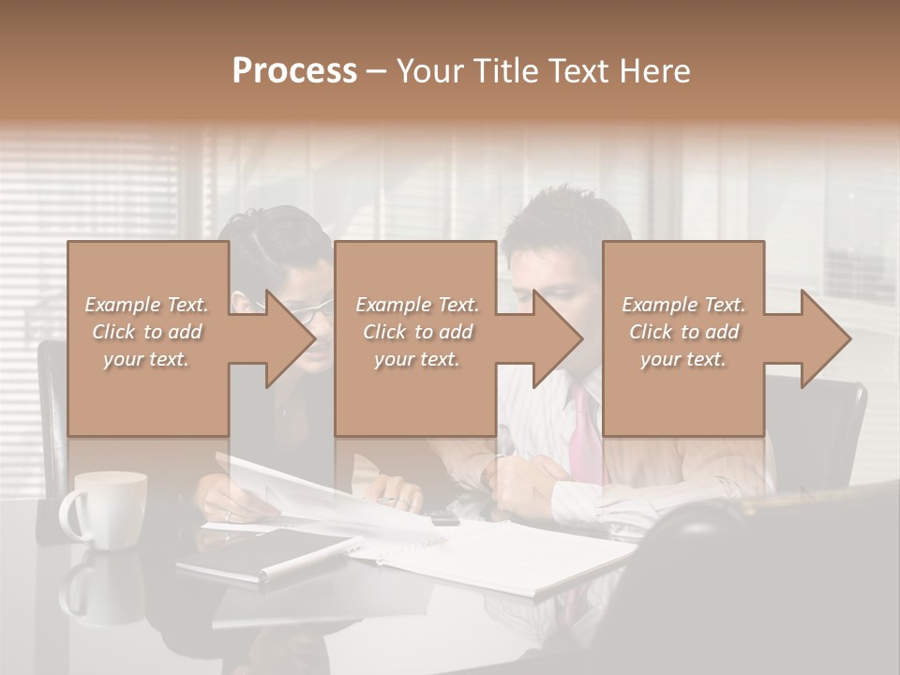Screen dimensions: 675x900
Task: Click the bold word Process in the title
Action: click(294, 71)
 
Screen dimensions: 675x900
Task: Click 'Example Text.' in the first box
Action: click(147, 305)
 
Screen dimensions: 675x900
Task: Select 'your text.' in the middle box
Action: click(416, 359)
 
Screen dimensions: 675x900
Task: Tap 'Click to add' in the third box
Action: click(683, 332)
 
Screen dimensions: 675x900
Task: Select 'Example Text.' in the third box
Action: click(683, 305)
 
